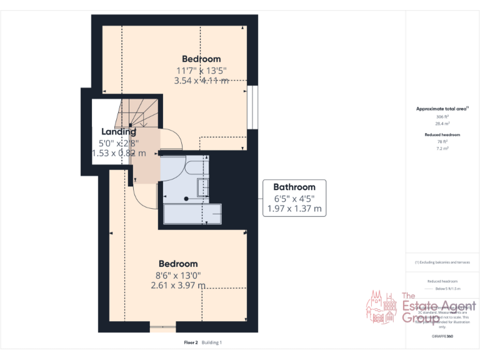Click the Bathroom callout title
tap(294, 187)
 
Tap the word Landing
tap(119, 132)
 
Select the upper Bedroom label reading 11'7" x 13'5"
tap(201, 70)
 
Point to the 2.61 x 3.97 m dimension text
tap(178, 285)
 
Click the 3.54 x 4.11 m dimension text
tap(201, 80)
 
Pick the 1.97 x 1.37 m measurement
tap(294, 209)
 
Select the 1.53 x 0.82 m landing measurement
tap(119, 152)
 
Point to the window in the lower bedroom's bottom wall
tap(163, 326)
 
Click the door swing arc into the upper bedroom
tap(172, 139)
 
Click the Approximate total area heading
tap(442, 109)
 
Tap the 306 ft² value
tap(442, 117)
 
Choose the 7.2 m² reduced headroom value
tap(442, 149)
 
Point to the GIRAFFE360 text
tap(442, 337)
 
